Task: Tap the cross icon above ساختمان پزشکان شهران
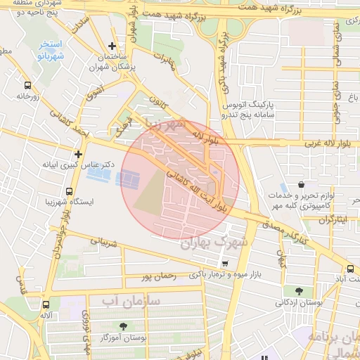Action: pyautogui.click(x=112, y=46)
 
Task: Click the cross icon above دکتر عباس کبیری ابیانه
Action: pyautogui.click(x=78, y=154)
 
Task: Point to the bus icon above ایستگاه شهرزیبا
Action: pyautogui.click(x=69, y=191)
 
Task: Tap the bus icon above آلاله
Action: pyautogui.click(x=46, y=304)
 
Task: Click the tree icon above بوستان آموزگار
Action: pyautogui.click(x=124, y=326)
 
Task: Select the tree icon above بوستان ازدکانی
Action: pyautogui.click(x=300, y=291)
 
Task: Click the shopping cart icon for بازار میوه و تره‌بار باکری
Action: pyautogui.click(x=224, y=264)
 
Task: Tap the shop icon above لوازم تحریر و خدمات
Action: pyautogui.click(x=301, y=185)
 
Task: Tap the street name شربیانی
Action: pyautogui.click(x=103, y=244)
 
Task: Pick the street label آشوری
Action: pyautogui.click(x=94, y=91)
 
